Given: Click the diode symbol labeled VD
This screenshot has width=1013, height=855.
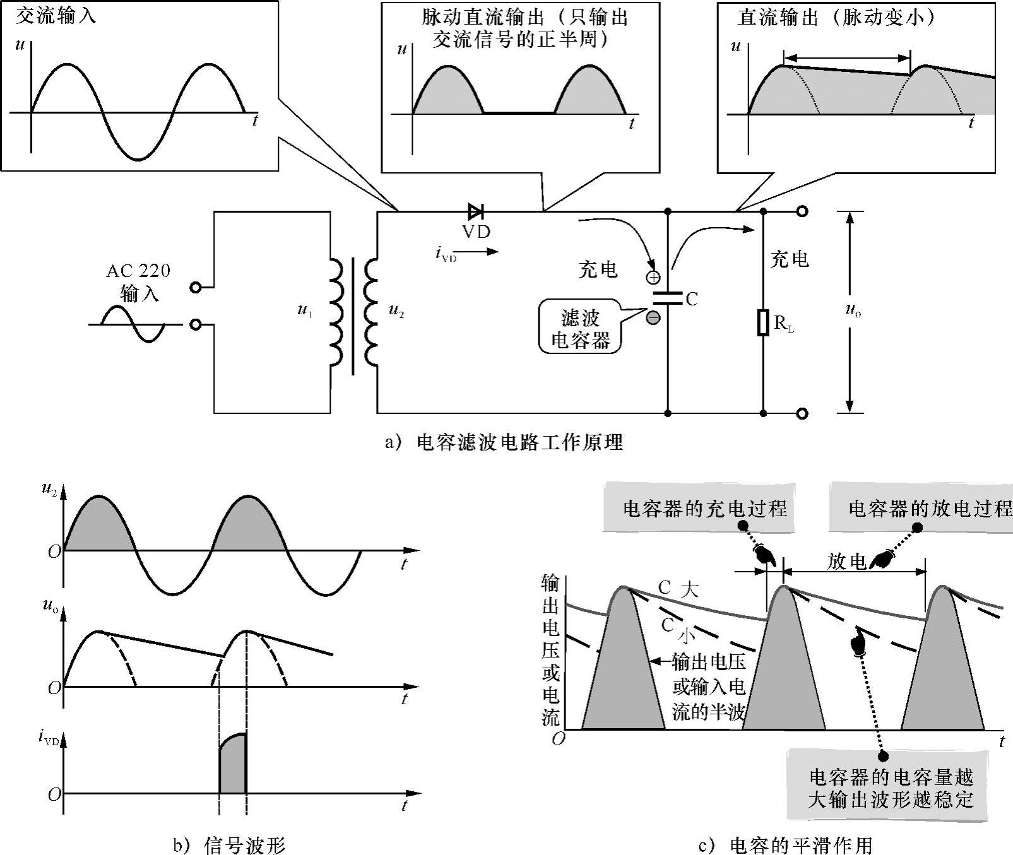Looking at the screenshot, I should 475,211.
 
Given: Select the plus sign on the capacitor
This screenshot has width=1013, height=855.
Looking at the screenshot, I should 653,276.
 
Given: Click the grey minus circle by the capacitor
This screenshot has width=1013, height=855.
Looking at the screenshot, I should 653,317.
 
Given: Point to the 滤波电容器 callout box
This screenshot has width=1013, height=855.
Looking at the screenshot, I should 580,329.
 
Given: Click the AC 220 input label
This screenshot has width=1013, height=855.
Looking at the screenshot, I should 138,271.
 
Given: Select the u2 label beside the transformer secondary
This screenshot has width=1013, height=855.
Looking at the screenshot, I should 396,311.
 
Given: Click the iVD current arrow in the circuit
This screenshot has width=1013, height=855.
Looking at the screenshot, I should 483,252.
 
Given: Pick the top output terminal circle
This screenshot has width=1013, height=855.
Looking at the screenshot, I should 802,211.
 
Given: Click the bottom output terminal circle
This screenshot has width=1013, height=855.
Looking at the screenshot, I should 802,414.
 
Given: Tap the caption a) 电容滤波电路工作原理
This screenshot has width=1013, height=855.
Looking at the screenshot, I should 504,442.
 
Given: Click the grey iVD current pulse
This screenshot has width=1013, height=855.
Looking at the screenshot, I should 232,765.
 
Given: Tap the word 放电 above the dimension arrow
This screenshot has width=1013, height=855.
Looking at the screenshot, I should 846,561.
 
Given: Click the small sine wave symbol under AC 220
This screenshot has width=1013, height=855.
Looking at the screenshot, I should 133,324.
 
